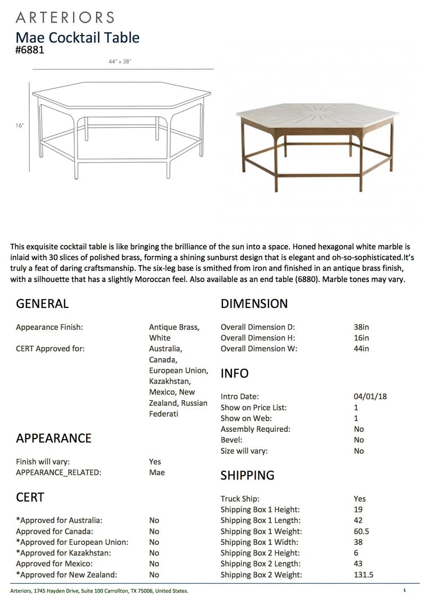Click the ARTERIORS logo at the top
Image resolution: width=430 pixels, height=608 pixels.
point(65,17)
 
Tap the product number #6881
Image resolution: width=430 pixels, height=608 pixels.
point(30,50)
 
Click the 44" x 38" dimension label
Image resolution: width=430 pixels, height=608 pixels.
point(120,62)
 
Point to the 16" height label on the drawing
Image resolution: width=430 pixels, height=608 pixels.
point(20,126)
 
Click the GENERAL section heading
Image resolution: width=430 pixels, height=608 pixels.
point(42,304)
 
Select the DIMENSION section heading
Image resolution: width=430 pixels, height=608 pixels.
point(254,304)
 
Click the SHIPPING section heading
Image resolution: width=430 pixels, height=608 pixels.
point(247,475)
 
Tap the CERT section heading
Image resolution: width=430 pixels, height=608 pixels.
point(30,498)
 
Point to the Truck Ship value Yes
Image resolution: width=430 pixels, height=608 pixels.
point(360,499)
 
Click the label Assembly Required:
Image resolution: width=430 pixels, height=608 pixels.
point(256,429)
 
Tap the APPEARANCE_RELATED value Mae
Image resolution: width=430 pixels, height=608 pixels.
point(157,472)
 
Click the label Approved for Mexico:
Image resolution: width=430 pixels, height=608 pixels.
point(54,564)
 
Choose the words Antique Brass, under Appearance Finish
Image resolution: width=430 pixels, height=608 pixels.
point(174,327)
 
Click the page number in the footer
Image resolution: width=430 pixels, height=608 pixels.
point(404,591)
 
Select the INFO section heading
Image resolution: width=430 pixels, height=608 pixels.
point(235,374)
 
